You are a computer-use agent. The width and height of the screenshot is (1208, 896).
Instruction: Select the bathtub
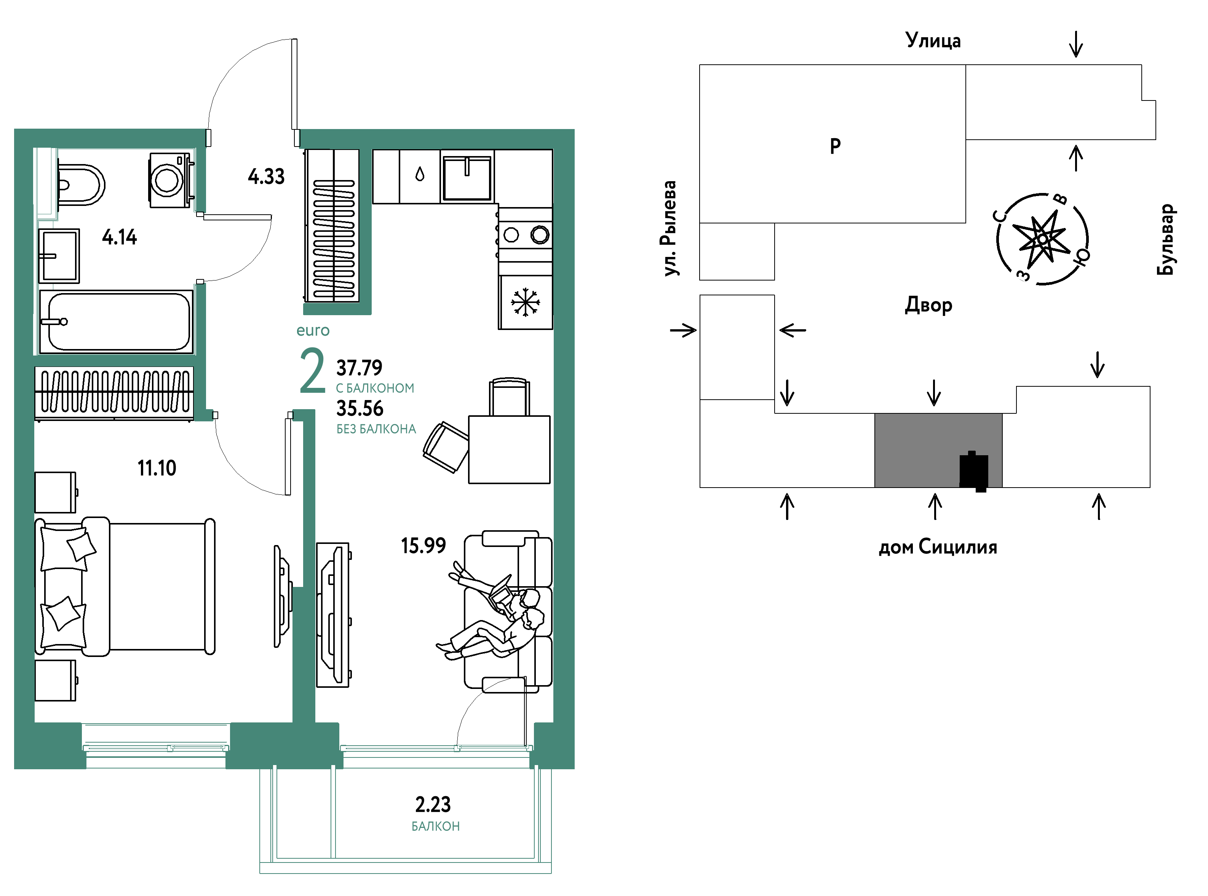point(116,322)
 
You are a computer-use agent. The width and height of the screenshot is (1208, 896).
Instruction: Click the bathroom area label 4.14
point(119,237)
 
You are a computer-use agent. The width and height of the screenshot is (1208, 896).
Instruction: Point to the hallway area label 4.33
point(266,176)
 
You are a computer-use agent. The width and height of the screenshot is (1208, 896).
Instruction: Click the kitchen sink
point(467,178)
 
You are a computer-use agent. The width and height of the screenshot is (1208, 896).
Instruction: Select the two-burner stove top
point(525,235)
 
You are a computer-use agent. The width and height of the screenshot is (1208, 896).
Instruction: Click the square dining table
point(509,449)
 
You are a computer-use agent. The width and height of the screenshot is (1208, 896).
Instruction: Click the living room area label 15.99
point(423,545)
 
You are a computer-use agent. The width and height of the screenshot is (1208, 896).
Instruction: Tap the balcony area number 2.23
point(433,804)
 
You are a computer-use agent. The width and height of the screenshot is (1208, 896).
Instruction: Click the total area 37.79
point(359,368)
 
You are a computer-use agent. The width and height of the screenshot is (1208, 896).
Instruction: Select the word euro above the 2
point(313,330)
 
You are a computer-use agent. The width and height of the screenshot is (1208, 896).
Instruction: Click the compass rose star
point(1042,239)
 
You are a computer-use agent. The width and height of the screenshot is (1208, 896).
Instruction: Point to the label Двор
point(928,305)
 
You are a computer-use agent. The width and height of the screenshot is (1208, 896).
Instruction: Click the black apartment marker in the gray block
point(973,471)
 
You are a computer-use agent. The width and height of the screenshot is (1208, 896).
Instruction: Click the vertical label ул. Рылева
point(671,228)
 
